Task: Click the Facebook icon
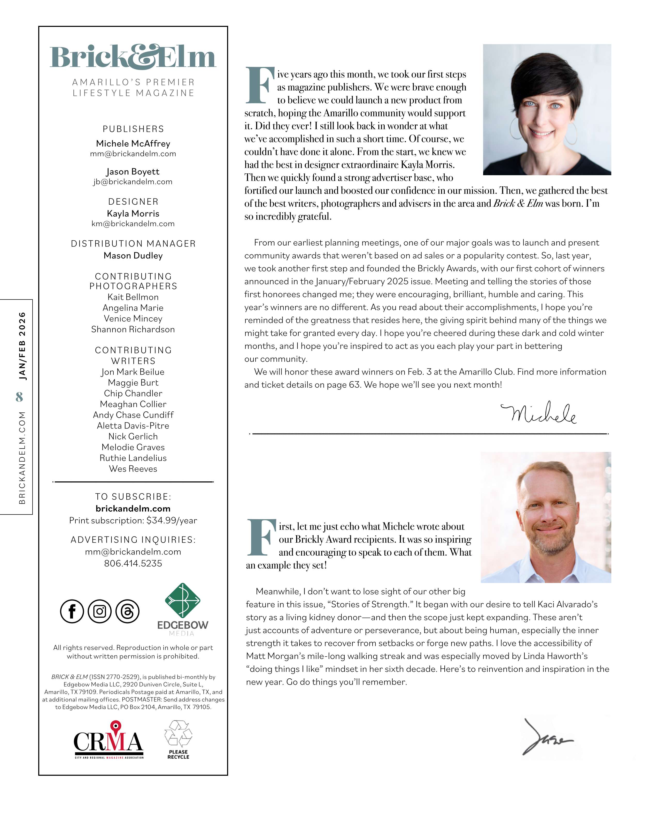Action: pos(72,611)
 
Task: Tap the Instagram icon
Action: pos(100,611)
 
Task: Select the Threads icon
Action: pos(128,611)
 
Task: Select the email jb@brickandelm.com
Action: pos(133,182)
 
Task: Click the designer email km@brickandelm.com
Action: pos(133,224)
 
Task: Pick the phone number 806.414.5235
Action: pos(133,563)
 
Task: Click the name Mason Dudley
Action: pos(133,256)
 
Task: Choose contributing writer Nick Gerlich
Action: pos(133,436)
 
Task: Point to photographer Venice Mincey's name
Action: pos(133,319)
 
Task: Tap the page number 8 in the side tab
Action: pos(19,397)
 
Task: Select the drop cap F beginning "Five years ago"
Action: pos(259,85)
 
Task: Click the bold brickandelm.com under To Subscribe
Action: pos(133,509)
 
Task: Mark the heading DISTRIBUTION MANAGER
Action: pos(133,243)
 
